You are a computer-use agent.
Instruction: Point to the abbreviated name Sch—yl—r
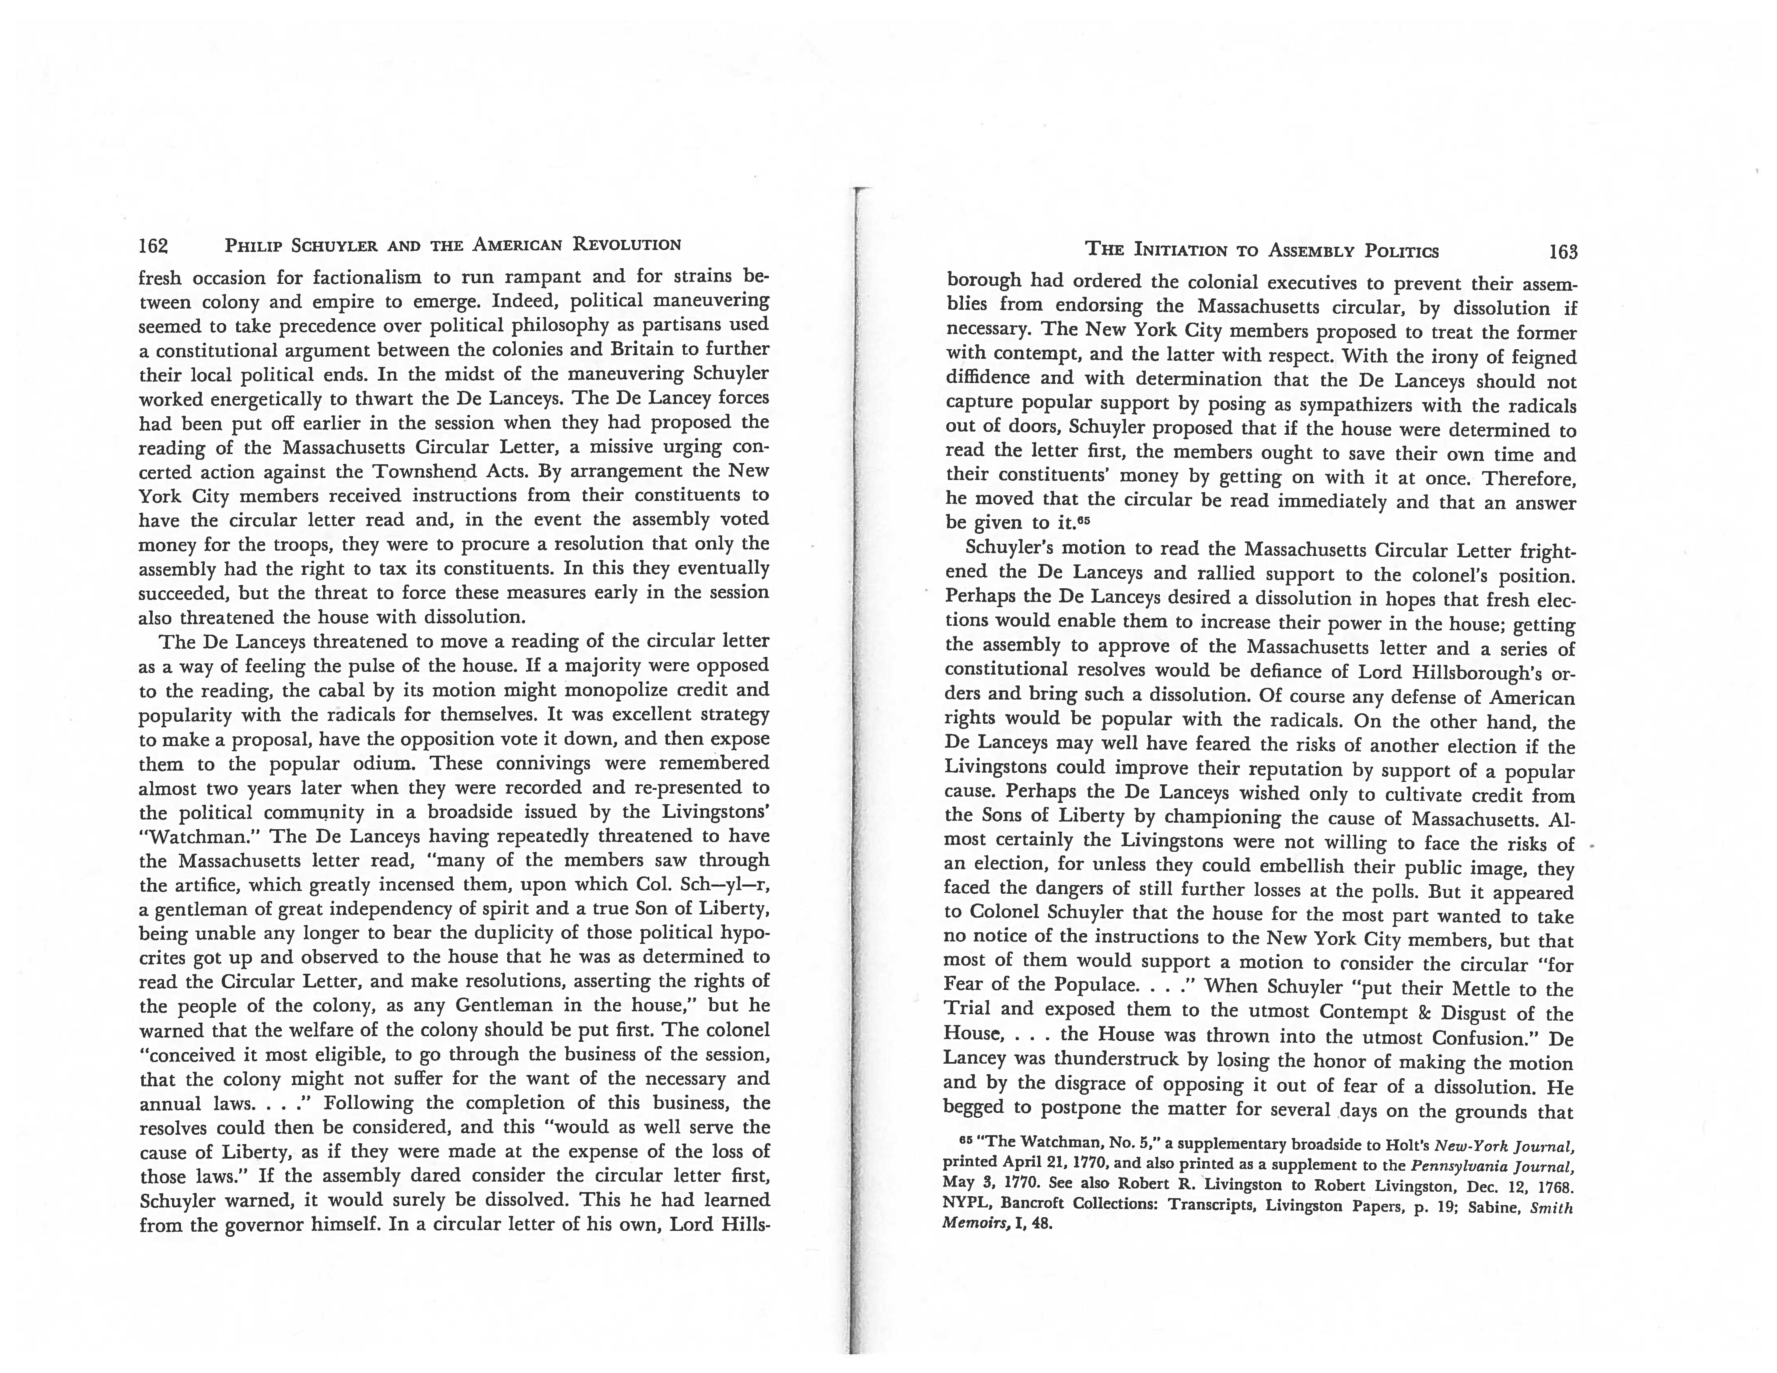[723, 884]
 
